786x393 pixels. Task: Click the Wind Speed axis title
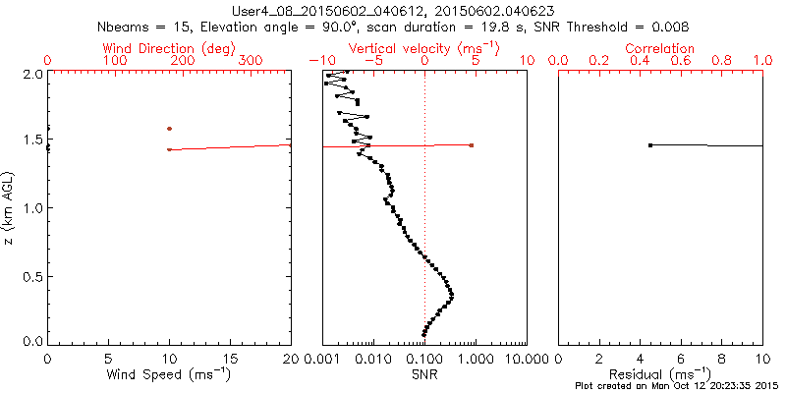coord(169,374)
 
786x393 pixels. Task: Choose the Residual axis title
coord(659,374)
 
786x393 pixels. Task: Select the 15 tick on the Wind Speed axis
coord(230,359)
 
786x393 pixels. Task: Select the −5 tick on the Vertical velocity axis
coord(370,61)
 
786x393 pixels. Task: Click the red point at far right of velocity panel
coord(472,145)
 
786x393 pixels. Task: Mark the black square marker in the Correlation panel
coord(650,145)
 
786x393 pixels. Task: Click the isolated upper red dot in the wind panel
coord(169,129)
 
